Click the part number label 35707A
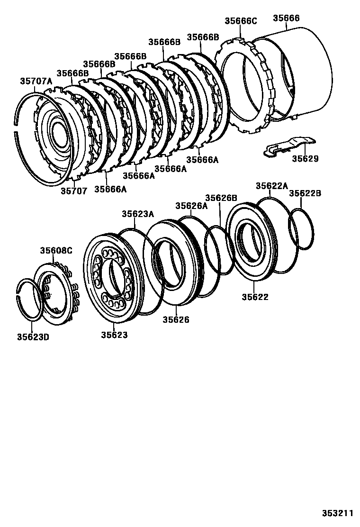pos(36,81)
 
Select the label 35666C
pos(240,21)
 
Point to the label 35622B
pos(305,193)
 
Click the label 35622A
pos(271,186)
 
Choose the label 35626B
pos(221,198)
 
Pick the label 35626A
pos(191,206)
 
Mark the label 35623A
pos(138,214)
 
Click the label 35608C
pos(56,250)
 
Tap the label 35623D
pos(33,337)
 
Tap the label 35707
pos(74,191)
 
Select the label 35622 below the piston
pos(255,297)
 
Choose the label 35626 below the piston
pos(176,320)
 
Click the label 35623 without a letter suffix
pos(114,335)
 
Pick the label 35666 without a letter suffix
pos(286,18)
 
